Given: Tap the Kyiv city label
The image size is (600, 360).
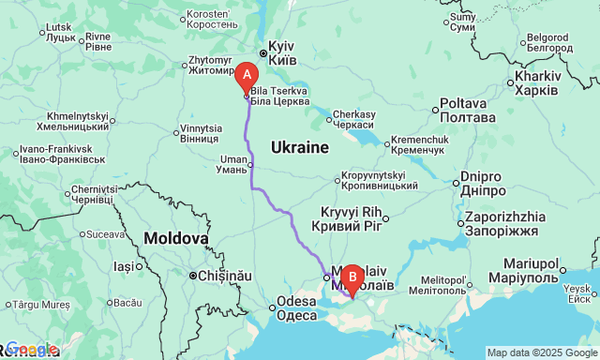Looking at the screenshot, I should (281, 52).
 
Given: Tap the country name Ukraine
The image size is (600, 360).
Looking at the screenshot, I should (300, 148).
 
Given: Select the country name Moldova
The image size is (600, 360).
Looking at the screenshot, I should (176, 239).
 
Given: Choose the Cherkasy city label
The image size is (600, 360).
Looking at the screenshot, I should (352, 118).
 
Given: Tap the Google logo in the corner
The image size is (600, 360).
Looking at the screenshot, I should (30, 350).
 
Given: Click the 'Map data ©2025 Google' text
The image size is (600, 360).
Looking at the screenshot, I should (541, 352).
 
